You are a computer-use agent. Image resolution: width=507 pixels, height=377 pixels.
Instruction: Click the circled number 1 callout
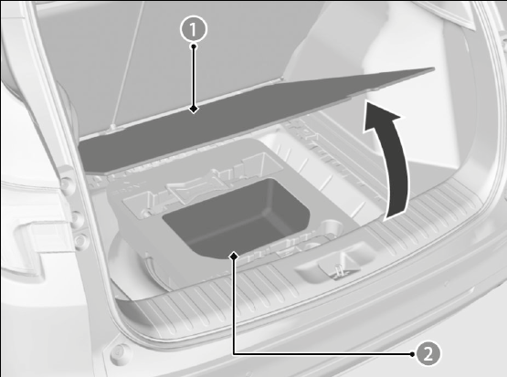point(194,29)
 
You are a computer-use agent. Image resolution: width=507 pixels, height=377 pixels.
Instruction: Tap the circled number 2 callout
point(428,354)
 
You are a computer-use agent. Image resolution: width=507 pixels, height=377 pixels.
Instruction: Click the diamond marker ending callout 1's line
point(194,109)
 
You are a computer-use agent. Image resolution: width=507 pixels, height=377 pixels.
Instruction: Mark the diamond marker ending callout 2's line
point(234,257)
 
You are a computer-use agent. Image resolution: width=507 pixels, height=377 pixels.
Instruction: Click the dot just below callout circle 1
point(194,47)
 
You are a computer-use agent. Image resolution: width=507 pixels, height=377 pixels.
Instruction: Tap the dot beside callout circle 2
point(412,354)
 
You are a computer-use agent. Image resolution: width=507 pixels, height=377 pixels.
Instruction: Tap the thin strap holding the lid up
point(127,65)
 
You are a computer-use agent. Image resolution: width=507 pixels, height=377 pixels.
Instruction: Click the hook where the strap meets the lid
point(113,127)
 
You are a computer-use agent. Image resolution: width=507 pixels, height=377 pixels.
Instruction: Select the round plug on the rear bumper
point(119,351)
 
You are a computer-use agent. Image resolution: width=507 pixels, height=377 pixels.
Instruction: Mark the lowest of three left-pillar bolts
point(80,241)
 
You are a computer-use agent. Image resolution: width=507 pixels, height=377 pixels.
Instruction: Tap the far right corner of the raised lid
point(434,68)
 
